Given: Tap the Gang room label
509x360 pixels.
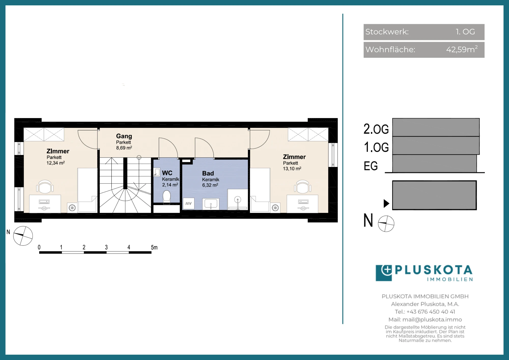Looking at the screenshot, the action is point(124,136).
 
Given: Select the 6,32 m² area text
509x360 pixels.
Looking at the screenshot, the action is point(210,185).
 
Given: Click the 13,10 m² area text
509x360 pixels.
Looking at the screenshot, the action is point(292,169).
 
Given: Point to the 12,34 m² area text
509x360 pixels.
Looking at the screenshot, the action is point(56,163).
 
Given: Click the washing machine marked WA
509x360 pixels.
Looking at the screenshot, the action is point(189,204).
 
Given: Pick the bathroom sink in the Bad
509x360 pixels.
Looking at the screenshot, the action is point(211,204).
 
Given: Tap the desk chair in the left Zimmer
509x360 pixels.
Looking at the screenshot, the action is point(45,187).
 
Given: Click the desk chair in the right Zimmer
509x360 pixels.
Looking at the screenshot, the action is point(303,187).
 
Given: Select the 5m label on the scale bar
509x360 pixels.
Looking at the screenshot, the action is point(154,247).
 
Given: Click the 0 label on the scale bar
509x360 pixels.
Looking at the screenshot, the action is point(39,247).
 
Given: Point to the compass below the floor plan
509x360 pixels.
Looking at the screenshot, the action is point(23,236).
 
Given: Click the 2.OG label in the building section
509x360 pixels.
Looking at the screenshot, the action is point(376,129).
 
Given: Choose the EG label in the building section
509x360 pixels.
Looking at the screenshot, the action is point(371,166).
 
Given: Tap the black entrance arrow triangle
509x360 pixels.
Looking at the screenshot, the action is point(387,203).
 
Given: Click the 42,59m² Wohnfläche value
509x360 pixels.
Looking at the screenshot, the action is point(462,49).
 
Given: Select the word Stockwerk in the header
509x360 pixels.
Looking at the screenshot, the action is point(387,32).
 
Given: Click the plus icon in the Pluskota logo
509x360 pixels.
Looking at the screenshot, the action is point(387,270).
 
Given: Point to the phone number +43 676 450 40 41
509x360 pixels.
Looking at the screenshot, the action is point(431,312).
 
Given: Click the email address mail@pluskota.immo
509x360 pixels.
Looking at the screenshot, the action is point(432,320).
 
